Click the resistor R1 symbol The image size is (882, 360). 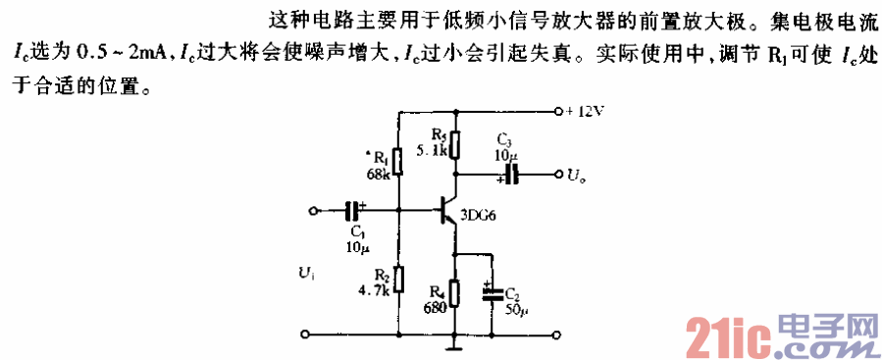(x=398, y=161)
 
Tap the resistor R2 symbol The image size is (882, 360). (x=398, y=279)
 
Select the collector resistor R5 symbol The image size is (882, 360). (x=454, y=143)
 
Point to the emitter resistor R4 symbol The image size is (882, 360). (x=455, y=292)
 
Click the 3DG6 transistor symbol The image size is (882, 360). (x=448, y=210)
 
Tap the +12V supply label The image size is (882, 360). (x=587, y=111)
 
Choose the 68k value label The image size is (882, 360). (x=378, y=175)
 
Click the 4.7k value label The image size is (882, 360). (x=376, y=291)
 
